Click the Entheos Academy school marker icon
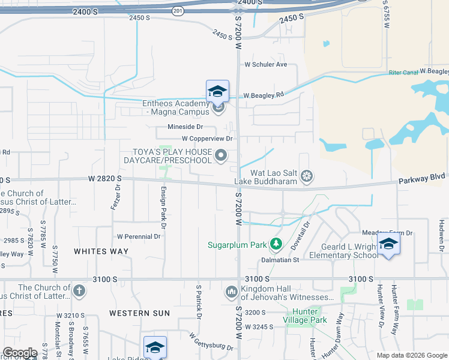(217, 91)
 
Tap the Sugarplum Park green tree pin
(276, 244)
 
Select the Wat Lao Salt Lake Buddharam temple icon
(307, 176)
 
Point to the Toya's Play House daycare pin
(221, 156)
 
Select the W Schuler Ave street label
(266, 64)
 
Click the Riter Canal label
(403, 73)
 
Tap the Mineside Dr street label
(185, 127)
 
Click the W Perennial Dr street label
(139, 236)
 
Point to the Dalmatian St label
(280, 260)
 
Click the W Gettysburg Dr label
(211, 342)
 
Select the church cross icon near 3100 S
(78, 292)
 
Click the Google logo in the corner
(20, 353)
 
